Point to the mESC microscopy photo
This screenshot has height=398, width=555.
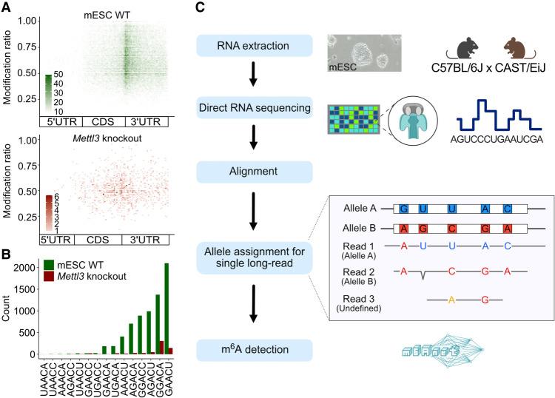click(364, 51)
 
